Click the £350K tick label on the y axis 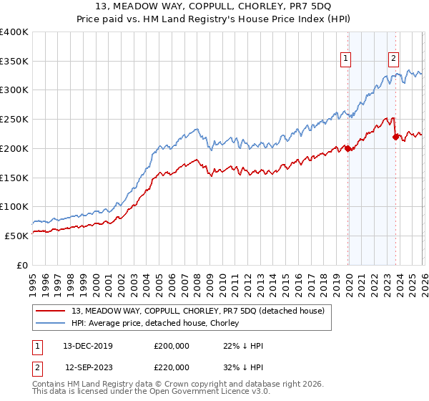click(14, 61)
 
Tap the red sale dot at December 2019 click(348, 148)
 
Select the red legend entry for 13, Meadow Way click(197, 311)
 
